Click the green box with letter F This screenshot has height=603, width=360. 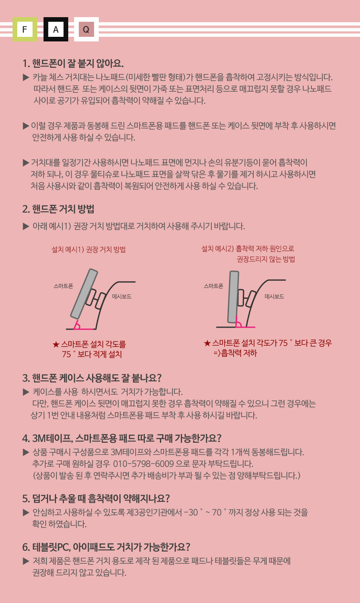tap(25, 29)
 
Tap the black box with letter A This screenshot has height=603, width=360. tap(56, 29)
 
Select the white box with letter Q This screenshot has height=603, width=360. tap(86, 29)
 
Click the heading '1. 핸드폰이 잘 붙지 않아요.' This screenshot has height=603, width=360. tap(73, 64)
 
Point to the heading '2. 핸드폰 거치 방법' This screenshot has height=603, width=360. tap(59, 209)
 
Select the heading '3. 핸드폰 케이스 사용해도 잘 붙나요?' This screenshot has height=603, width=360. tap(92, 378)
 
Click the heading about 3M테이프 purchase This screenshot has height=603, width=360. tap(122, 438)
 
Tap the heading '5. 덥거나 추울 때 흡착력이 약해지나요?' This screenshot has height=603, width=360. tap(96, 498)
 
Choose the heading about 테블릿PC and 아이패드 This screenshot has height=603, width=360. tap(106, 547)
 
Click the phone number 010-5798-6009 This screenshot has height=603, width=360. tap(143, 464)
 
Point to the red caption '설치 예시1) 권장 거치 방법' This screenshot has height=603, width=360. tap(89, 249)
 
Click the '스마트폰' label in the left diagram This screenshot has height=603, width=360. tap(63, 286)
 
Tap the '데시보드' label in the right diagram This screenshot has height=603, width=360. tap(274, 296)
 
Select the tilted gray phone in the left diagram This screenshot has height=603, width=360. tap(84, 293)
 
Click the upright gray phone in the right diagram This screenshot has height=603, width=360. tap(233, 297)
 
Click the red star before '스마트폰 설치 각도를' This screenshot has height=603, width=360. tap(56, 344)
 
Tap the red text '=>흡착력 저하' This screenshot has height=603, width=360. tap(235, 353)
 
